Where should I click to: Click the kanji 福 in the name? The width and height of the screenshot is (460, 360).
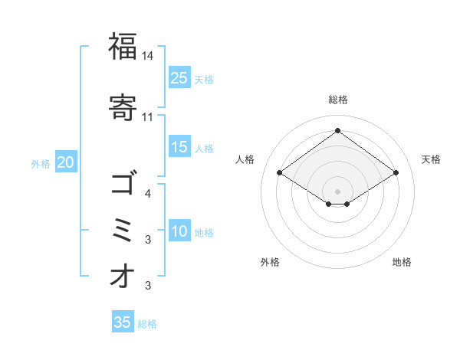point(123,47)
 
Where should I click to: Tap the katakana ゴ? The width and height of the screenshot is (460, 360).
point(123,184)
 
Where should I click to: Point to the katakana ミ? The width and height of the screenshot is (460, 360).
point(123,230)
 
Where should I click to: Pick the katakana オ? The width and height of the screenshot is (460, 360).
point(123,276)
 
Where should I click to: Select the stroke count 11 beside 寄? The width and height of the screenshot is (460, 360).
point(148,116)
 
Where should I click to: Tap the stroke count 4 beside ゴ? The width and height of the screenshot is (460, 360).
point(148,193)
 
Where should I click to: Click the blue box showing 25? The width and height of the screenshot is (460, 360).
point(179,77)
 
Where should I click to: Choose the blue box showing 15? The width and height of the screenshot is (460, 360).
point(179,147)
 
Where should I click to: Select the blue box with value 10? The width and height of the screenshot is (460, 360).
point(179,231)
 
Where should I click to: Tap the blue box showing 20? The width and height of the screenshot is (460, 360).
point(66,162)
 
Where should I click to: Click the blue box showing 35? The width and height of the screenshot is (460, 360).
point(123,322)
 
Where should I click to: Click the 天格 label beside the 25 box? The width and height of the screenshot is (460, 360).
point(204,79)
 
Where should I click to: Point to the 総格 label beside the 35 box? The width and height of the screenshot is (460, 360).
point(147,324)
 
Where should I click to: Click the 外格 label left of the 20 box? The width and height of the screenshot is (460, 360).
point(41,164)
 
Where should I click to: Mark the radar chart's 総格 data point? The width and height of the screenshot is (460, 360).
point(337,130)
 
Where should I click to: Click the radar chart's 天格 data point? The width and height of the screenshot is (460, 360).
point(396,173)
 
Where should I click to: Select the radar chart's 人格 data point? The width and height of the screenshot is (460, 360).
point(280,173)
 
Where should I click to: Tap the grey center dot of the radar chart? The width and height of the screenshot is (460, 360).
point(337,190)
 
